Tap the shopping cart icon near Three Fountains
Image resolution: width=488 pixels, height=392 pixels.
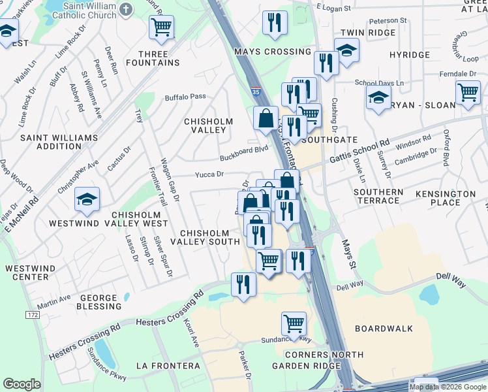coord(161,27)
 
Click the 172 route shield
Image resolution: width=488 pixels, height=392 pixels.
coord(33,315)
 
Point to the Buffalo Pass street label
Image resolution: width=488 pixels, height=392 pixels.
coord(185,97)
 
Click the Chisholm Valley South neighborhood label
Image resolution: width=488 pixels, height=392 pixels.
coord(205,237)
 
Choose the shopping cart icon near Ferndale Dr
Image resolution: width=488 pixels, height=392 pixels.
coord(468,93)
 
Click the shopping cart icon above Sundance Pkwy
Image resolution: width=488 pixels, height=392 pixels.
coord(294,323)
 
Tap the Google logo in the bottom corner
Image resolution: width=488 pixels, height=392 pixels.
coord(22,384)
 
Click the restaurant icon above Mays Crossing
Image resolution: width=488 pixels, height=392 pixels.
coord(275,22)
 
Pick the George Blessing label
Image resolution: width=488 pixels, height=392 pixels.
coord(99,302)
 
